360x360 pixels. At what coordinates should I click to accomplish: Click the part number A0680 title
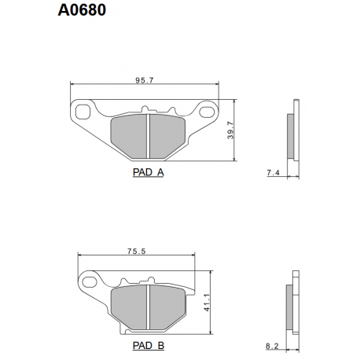[82, 10]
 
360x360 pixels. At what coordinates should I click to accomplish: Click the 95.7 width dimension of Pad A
[145, 80]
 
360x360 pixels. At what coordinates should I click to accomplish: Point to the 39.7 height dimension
[230, 130]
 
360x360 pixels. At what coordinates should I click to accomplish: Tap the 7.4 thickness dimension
[274, 173]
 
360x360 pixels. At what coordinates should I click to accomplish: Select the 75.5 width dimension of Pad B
[136, 251]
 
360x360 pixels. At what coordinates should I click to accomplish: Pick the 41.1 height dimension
[207, 303]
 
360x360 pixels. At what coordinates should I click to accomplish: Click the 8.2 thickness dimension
[272, 346]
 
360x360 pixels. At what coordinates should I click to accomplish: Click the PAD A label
[149, 172]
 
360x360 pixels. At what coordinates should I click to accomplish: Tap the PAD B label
[149, 345]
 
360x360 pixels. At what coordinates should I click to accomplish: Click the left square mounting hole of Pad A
[83, 112]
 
